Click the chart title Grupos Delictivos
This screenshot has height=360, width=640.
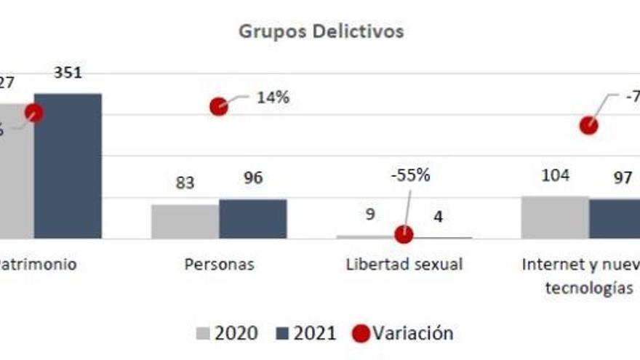[321, 32]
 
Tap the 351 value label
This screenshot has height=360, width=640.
[68, 73]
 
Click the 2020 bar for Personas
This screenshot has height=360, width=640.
[185, 221]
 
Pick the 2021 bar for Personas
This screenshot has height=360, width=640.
[252, 218]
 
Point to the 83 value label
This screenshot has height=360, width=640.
[185, 183]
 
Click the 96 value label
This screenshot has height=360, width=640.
[252, 178]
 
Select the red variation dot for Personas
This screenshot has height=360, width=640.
[218, 106]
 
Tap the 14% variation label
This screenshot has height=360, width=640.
[273, 97]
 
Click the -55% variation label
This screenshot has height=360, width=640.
[410, 175]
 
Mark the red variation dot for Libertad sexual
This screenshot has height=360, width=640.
[404, 235]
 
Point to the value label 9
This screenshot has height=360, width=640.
[370, 215]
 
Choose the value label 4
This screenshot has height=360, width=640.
[438, 217]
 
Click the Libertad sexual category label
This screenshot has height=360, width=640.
[404, 264]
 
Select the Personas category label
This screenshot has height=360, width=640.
[219, 264]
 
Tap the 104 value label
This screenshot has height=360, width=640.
[556, 175]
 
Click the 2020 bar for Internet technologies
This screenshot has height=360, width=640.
[555, 217]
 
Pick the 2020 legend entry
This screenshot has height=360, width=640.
[227, 333]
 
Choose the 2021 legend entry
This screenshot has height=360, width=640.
[306, 333]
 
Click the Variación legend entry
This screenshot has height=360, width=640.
[404, 333]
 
